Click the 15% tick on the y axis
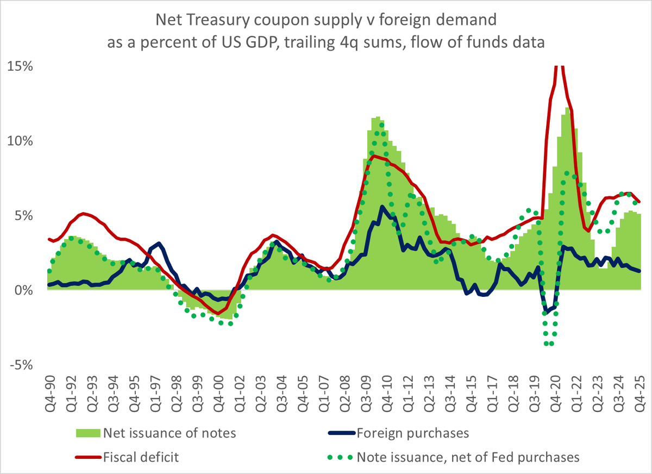pos(21,67)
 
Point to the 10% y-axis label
pos(21,141)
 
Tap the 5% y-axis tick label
pos(24,216)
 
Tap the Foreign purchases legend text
pos(412,433)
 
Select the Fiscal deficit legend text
pos(141,457)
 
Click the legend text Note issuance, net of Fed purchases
pos(468,457)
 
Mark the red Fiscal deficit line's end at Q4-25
pos(640,202)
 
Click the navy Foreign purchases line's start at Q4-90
pos(49,284)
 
